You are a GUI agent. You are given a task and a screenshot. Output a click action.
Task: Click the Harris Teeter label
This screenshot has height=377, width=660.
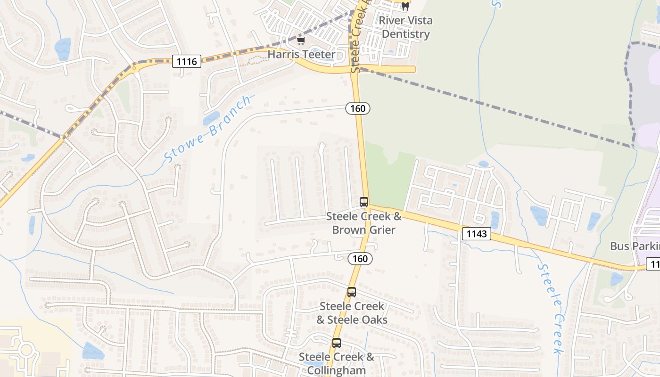click(x=302, y=54)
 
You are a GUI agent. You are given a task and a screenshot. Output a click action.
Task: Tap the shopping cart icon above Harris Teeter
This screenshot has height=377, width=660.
click(x=301, y=41)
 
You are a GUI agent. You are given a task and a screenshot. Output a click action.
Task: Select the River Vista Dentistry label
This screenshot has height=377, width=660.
click(x=405, y=27)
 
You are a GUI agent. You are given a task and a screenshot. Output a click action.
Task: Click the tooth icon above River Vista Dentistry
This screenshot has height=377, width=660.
click(x=405, y=7)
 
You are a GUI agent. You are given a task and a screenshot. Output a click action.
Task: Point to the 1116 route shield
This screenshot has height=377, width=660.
click(x=187, y=61)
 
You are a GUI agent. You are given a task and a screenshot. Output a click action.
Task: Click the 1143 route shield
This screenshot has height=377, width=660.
click(x=476, y=234)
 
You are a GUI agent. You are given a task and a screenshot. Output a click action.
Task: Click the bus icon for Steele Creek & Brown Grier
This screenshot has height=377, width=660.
click(x=364, y=202)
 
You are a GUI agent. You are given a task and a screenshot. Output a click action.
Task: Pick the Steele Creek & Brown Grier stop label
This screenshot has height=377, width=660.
click(x=364, y=223)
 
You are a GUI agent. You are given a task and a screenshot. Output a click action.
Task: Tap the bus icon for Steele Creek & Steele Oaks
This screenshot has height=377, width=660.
click(x=352, y=292)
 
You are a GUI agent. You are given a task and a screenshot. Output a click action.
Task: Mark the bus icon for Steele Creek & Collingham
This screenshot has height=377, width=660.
click(x=337, y=343)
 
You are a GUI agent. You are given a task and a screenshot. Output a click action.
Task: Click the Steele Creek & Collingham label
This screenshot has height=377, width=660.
click(x=337, y=363)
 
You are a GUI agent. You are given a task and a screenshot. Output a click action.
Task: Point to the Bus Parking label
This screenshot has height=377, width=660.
click(x=635, y=246)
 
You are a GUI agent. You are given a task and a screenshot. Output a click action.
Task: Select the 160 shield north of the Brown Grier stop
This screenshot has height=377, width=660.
click(x=358, y=109)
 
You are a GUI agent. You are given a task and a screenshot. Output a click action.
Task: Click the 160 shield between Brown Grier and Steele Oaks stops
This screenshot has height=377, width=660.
click(x=360, y=259)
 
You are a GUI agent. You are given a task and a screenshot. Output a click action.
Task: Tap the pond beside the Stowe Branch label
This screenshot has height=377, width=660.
click(x=211, y=118)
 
